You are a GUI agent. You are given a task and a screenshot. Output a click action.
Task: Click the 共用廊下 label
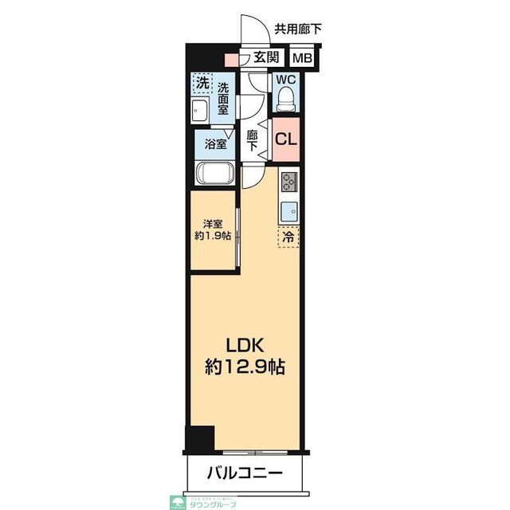[x=298, y=29]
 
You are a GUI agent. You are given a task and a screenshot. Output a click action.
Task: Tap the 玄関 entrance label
[x=266, y=57]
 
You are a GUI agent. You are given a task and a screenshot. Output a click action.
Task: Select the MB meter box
[x=301, y=57]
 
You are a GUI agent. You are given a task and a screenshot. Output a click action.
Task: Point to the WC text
[x=286, y=80]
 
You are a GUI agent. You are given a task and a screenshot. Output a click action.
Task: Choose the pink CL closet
[x=285, y=138]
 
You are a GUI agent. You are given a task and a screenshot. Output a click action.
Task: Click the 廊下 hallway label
[x=253, y=140]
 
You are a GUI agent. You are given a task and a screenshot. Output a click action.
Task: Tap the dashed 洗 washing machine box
[x=202, y=82]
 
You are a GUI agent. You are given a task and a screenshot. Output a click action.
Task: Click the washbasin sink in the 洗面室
[x=200, y=110]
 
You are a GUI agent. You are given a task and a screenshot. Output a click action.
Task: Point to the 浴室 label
[x=215, y=144]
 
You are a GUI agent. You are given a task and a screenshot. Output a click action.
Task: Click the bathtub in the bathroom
[x=214, y=175]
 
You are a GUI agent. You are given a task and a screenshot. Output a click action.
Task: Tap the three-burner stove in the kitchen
[x=288, y=182]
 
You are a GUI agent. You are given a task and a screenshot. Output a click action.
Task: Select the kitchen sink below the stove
[x=288, y=211]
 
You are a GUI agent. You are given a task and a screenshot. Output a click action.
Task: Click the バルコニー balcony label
[x=245, y=472]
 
